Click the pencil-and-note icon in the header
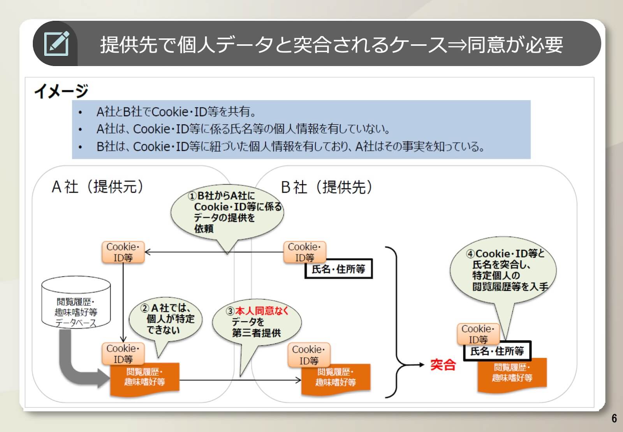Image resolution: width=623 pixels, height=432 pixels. coord(56,44)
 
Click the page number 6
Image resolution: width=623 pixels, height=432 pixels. coord(614,418)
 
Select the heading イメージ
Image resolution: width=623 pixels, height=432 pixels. coord(61,91)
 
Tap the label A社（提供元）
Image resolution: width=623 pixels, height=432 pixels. coord(98,187)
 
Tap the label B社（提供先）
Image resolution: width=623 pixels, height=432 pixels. coord(327,187)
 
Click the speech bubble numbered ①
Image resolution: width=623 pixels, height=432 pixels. coord(227,212)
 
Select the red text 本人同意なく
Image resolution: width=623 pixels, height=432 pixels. coord(262,311)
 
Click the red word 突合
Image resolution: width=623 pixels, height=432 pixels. coord(443,365)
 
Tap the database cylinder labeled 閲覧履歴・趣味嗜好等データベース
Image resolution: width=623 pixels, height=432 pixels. coord(76,302)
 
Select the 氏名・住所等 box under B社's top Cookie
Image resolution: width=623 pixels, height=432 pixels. coord(338,269)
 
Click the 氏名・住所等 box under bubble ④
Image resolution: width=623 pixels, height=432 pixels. coord(497,351)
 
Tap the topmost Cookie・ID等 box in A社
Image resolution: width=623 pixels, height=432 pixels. coord(123,252)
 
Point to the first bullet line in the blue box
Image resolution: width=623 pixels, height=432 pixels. coord(176,112)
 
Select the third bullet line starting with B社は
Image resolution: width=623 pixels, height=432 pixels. coord(290,147)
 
